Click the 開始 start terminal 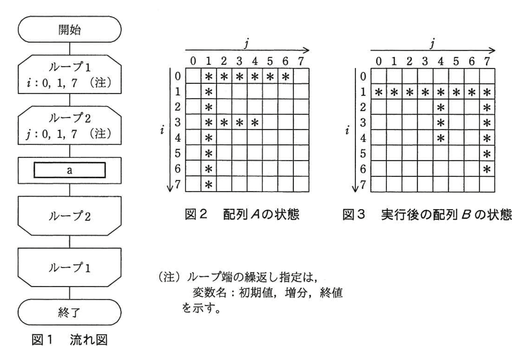coord(70,30)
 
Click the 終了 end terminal coord(70,312)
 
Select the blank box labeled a coord(70,170)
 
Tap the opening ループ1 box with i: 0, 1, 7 coord(70,74)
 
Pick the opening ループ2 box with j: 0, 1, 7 coord(70,125)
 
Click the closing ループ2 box coord(70,216)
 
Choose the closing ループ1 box coord(70,267)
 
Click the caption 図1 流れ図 coord(70,340)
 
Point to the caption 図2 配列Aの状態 coord(242,214)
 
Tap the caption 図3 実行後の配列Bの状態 coord(427,214)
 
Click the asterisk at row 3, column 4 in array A coord(255,122)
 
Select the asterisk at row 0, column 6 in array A coord(285,76)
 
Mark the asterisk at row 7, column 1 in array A coord(209,184)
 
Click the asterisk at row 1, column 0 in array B coord(379,92)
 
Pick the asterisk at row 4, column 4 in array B coord(441,138)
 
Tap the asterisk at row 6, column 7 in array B coord(487,169)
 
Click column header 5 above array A coord(270,61)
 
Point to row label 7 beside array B coord(363,184)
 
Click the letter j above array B coord(432,43)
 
